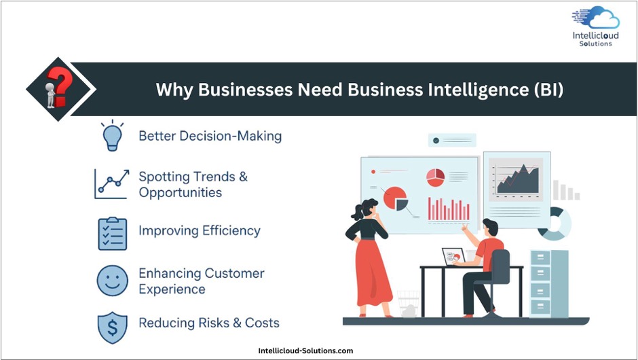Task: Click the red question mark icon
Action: click(x=60, y=86)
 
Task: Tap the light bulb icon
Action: click(x=112, y=136)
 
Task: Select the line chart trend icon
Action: click(x=112, y=184)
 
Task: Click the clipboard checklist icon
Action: click(x=112, y=234)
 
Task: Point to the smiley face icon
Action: click(x=112, y=281)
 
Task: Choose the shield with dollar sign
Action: click(x=112, y=327)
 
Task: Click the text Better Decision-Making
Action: click(x=210, y=136)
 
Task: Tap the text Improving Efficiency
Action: click(x=200, y=230)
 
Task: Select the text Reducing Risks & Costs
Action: click(x=209, y=323)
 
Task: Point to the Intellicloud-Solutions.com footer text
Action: click(x=305, y=350)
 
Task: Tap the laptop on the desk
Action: click(x=453, y=257)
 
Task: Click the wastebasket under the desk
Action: click(x=408, y=304)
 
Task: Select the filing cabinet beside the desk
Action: click(x=549, y=284)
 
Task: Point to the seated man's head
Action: click(x=490, y=228)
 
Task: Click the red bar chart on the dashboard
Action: click(x=449, y=210)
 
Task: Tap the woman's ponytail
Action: click(x=358, y=211)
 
